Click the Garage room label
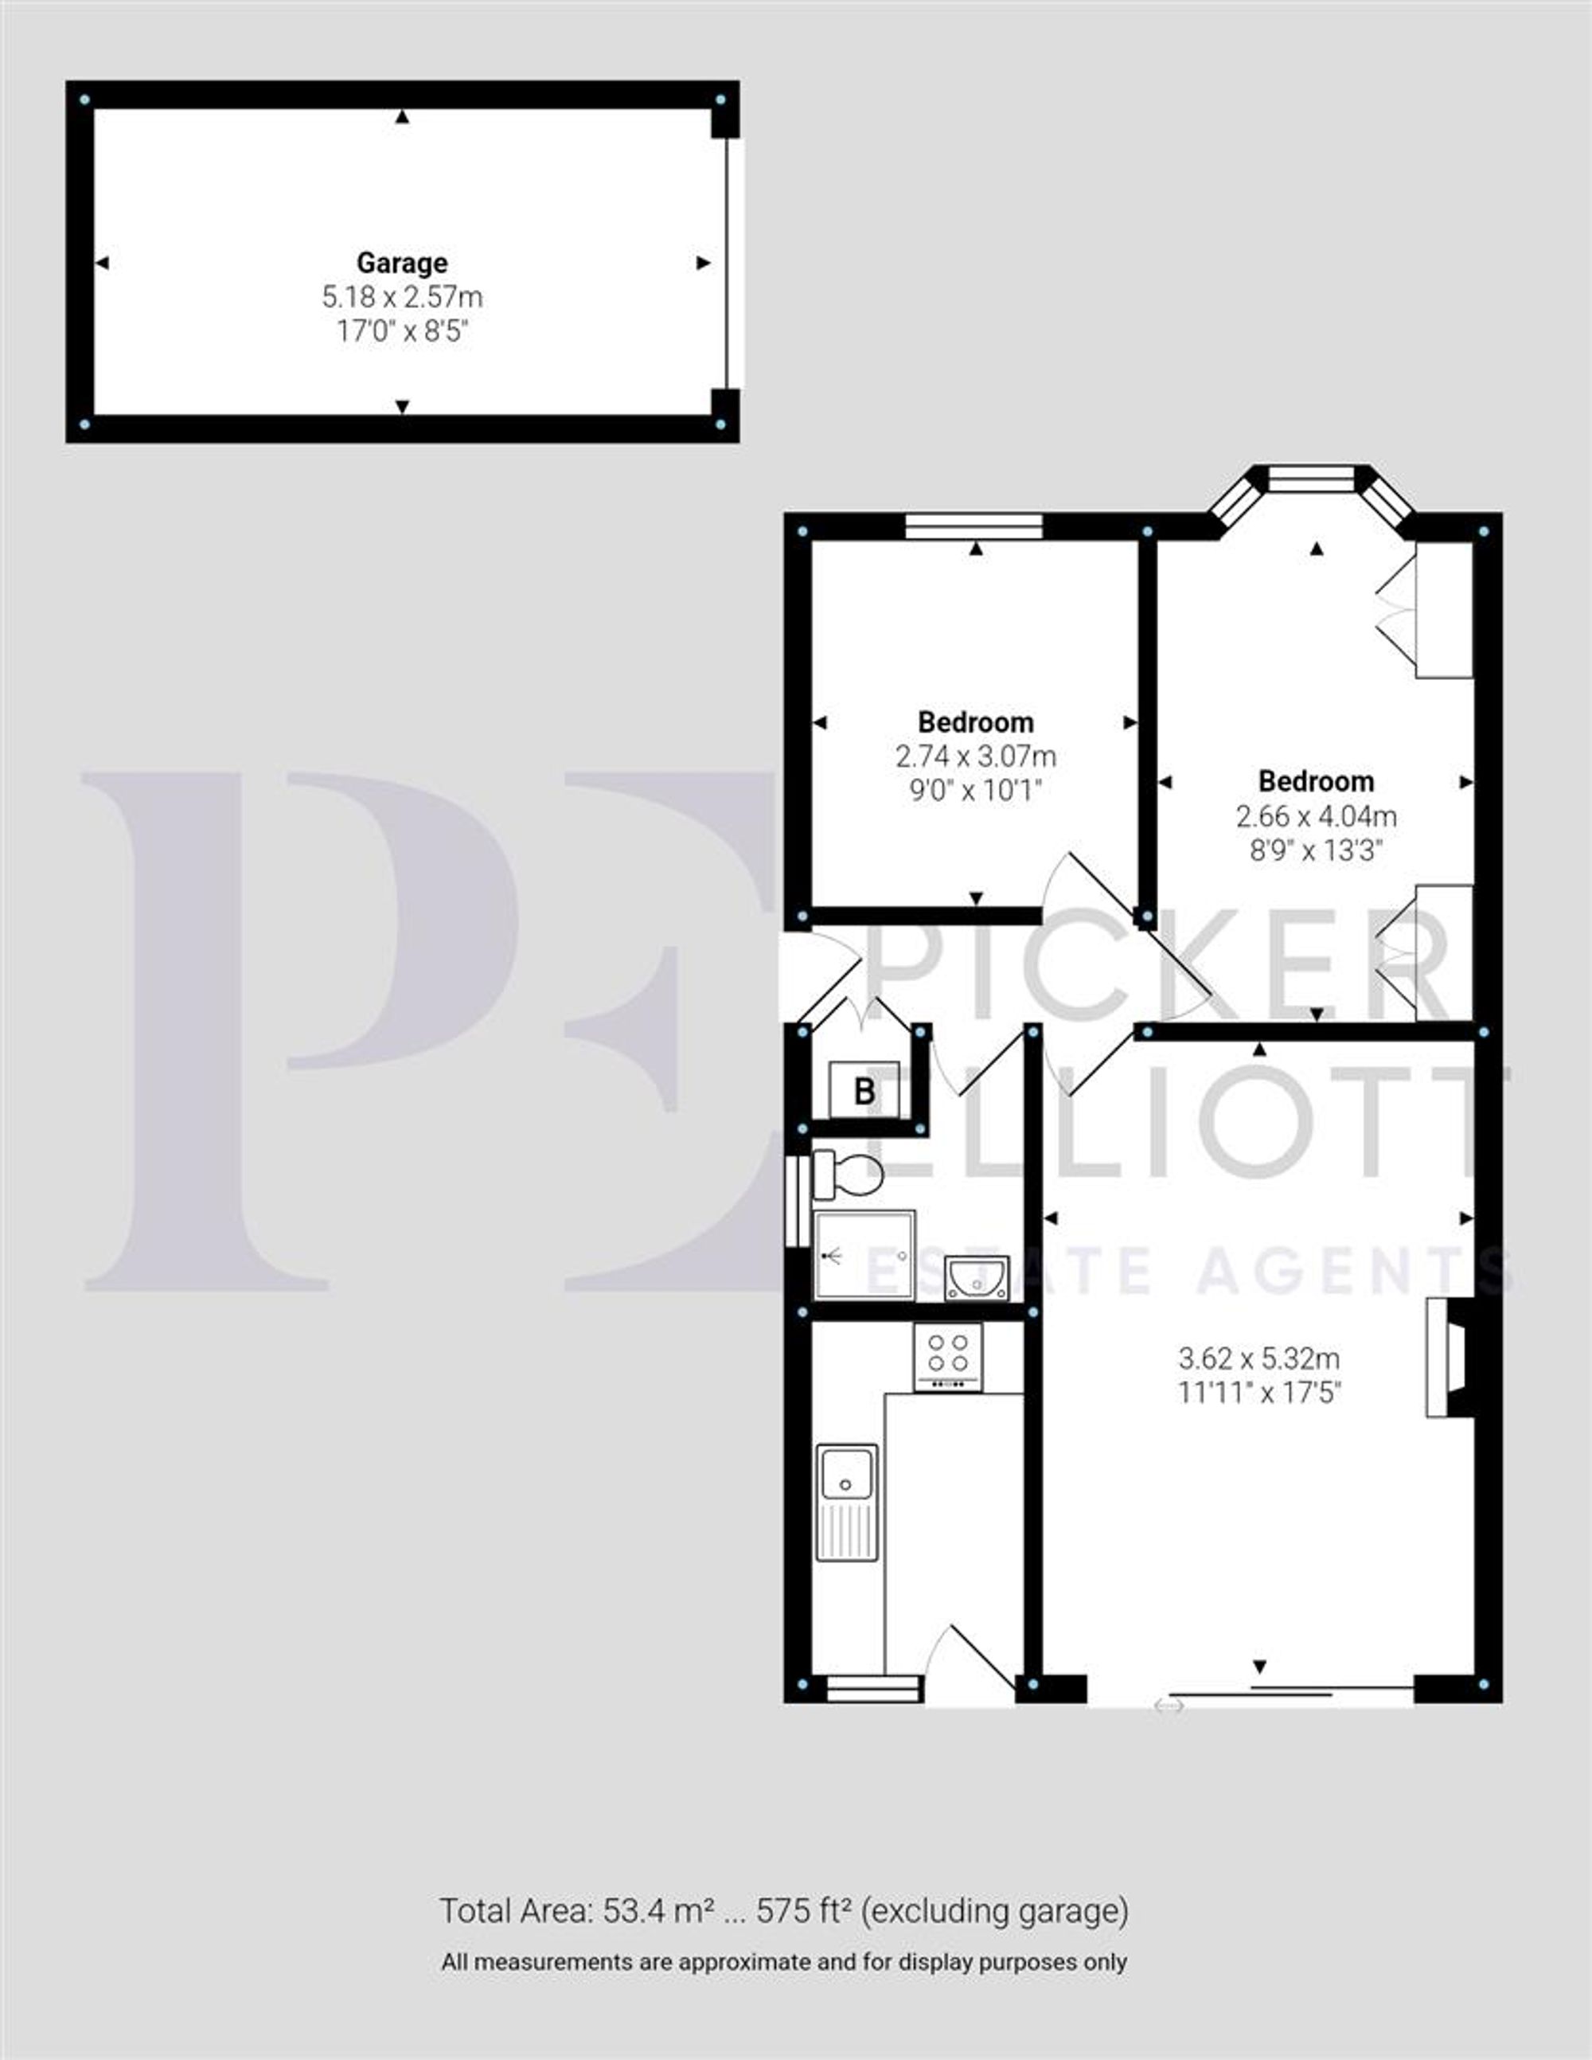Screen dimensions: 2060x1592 [402, 262]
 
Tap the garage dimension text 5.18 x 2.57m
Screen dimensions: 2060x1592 [402, 297]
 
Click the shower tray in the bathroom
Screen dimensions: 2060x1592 [864, 1254]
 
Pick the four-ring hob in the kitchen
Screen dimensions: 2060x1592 [948, 1355]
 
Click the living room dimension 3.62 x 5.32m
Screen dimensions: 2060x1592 [1259, 1358]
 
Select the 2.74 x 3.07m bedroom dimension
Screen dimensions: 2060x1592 [975, 756]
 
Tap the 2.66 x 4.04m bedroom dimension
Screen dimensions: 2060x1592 [1317, 816]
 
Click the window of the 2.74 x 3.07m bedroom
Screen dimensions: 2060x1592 [974, 526]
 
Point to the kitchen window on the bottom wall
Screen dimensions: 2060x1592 [872, 1688]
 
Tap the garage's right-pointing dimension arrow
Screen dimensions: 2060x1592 [703, 263]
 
